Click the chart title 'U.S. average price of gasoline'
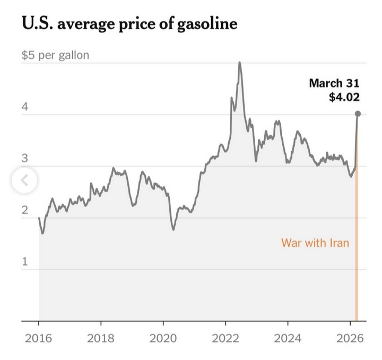point(129,24)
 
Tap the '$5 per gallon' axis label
point(55,55)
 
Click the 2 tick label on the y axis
point(24,211)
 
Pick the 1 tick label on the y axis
point(24,262)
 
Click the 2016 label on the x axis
point(38,338)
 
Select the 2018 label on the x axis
point(101,338)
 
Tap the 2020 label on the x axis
point(163,338)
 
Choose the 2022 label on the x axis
point(225,338)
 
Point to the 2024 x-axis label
point(288,338)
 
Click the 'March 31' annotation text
point(334,83)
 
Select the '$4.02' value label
point(344,97)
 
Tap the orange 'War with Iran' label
point(315,243)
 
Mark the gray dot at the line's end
point(358,114)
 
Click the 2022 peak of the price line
point(240,63)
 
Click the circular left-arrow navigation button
point(24,181)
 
